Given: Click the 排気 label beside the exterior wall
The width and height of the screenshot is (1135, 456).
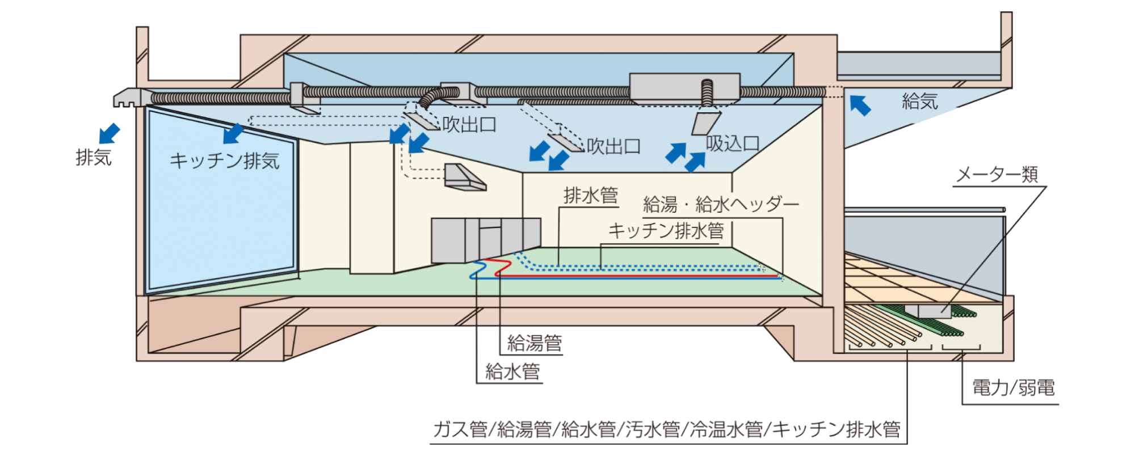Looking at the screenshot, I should (x=94, y=157).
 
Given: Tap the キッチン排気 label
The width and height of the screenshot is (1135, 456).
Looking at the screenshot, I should (x=225, y=161).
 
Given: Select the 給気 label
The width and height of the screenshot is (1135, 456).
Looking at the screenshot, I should (x=920, y=102).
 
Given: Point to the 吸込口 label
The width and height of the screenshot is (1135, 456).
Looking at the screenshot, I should (x=733, y=144).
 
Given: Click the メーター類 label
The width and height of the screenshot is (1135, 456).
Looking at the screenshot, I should (x=997, y=175).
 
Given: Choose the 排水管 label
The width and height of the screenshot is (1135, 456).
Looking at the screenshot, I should (x=591, y=196).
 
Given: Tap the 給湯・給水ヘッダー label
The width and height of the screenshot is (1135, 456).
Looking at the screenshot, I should (x=721, y=204).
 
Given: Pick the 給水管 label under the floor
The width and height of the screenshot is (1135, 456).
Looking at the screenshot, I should (x=512, y=372).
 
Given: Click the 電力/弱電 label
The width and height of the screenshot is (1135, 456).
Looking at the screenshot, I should (x=1014, y=389).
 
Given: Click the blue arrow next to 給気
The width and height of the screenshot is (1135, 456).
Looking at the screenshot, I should (x=860, y=105).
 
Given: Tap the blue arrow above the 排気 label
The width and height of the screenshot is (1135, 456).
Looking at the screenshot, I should (x=110, y=134).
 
